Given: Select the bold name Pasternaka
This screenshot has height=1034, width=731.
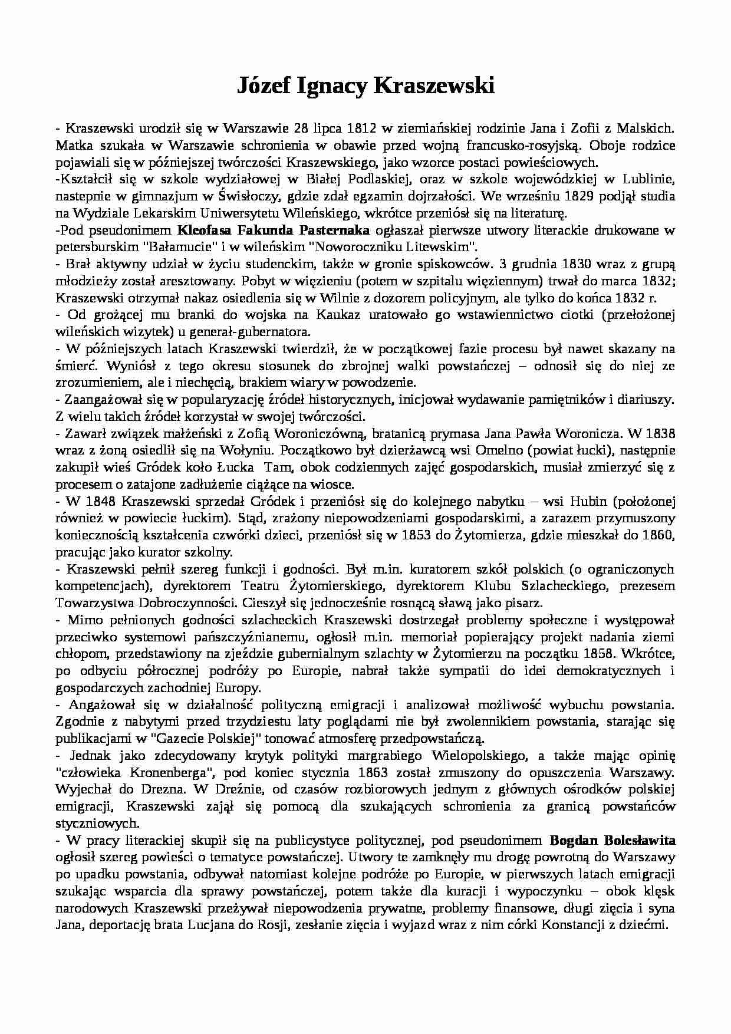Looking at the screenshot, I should click(x=334, y=230).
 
